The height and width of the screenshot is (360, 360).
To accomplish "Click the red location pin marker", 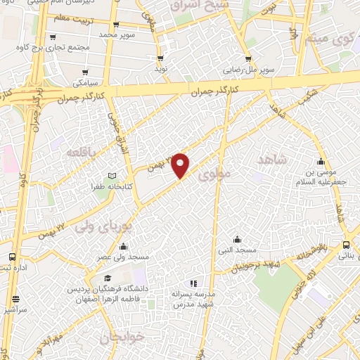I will coord(181,165).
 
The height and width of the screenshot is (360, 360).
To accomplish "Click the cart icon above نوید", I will coord(161,58).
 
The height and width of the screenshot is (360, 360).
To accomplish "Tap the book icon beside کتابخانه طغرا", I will coord(112,176).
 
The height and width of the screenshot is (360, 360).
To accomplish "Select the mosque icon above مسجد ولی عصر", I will coord(124,246).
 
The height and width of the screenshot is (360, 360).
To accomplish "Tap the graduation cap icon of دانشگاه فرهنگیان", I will coord(107,278).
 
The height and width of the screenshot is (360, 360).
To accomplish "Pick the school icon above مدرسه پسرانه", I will coord(193,283).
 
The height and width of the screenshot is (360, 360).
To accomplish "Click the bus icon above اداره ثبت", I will coord(12,257).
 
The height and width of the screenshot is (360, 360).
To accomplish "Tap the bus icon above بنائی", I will coord(346,245).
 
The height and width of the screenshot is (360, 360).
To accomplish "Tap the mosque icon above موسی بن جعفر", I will coord(321,162).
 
